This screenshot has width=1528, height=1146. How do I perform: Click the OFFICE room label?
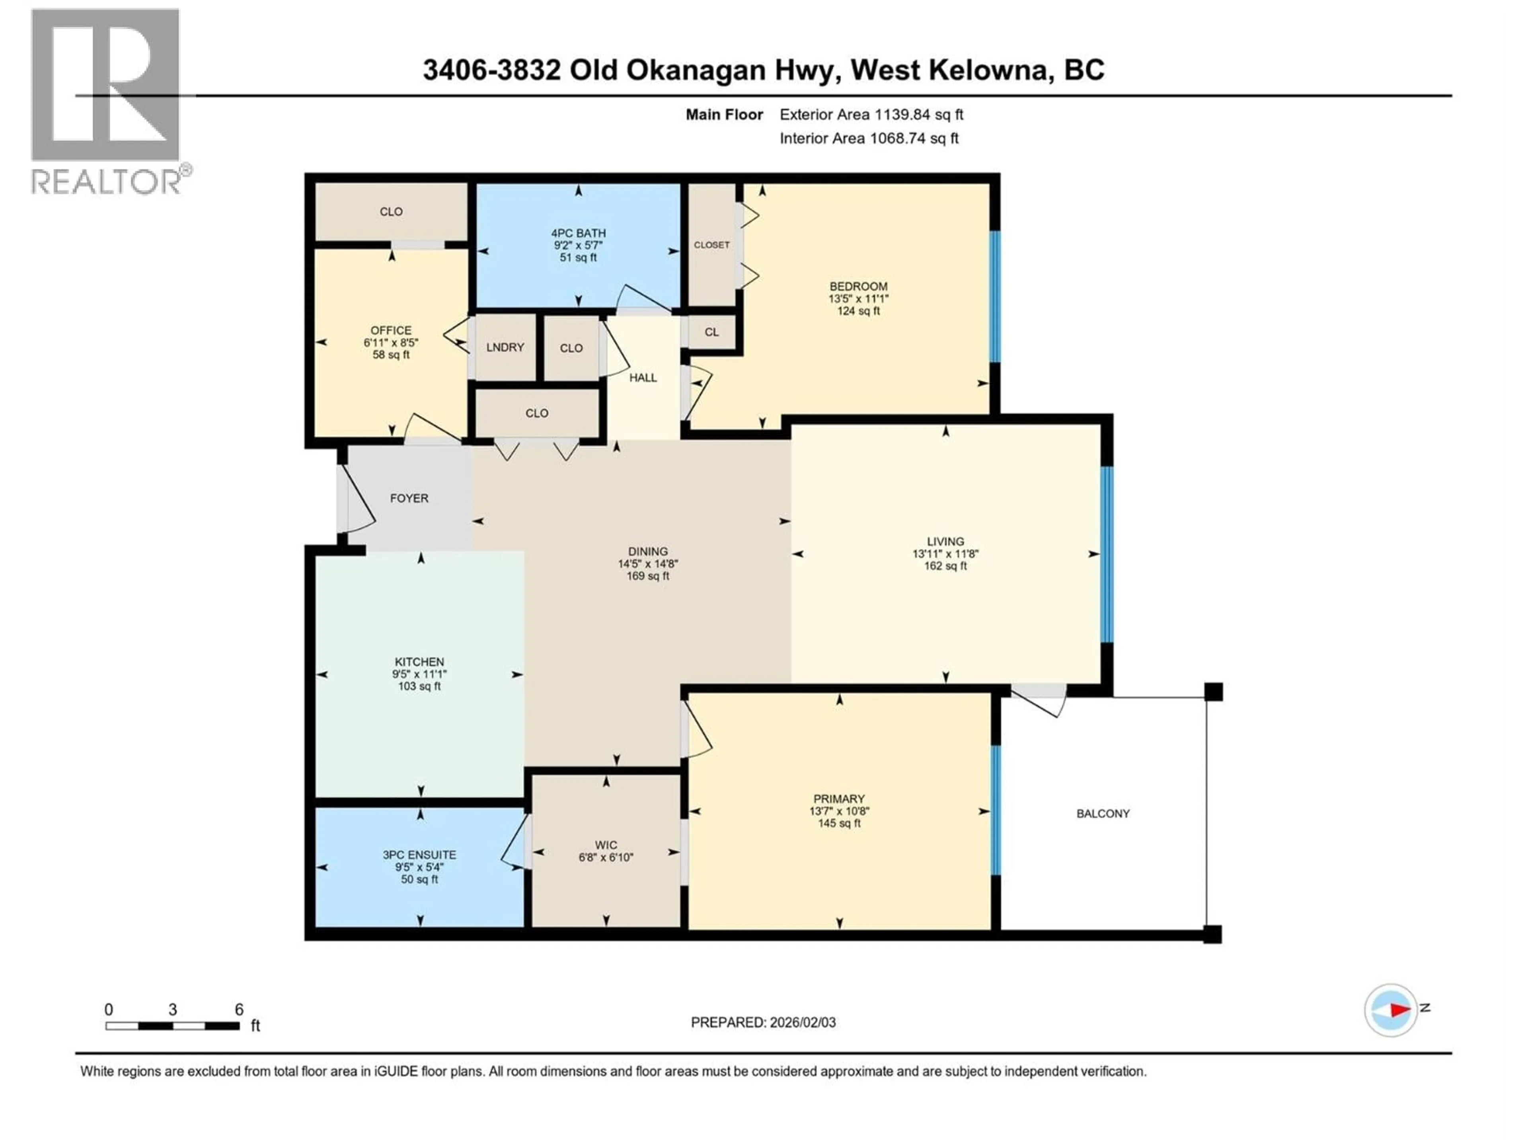click(391, 330)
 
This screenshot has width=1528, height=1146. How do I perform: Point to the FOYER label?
click(409, 498)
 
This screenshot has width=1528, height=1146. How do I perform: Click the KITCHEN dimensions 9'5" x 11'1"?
click(419, 674)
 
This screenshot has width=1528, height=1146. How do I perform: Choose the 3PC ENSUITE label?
click(419, 854)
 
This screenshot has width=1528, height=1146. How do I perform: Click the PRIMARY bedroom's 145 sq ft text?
click(838, 823)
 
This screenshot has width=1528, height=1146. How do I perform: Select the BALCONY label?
click(1103, 814)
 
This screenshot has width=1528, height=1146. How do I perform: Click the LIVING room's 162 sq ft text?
click(945, 566)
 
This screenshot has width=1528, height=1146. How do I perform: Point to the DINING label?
click(647, 551)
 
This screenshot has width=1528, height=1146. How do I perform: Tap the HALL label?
click(642, 378)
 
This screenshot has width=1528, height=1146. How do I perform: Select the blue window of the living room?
click(1107, 555)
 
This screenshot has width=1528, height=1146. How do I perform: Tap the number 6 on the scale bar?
click(239, 1009)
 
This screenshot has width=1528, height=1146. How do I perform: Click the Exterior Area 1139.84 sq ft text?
click(871, 115)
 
